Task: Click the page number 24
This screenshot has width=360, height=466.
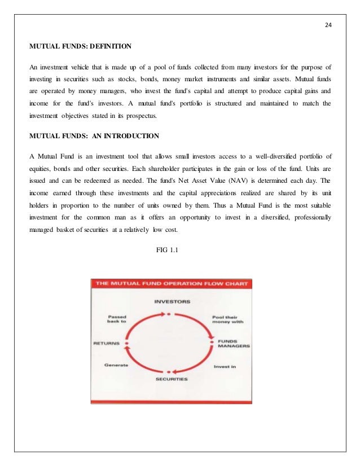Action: coord(329,25)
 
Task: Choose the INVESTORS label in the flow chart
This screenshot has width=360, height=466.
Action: coord(172,301)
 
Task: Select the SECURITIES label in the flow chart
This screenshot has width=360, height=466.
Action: coord(172,379)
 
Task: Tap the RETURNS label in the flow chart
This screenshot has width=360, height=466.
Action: coord(108,342)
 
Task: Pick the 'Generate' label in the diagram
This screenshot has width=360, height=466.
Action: coord(117,365)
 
